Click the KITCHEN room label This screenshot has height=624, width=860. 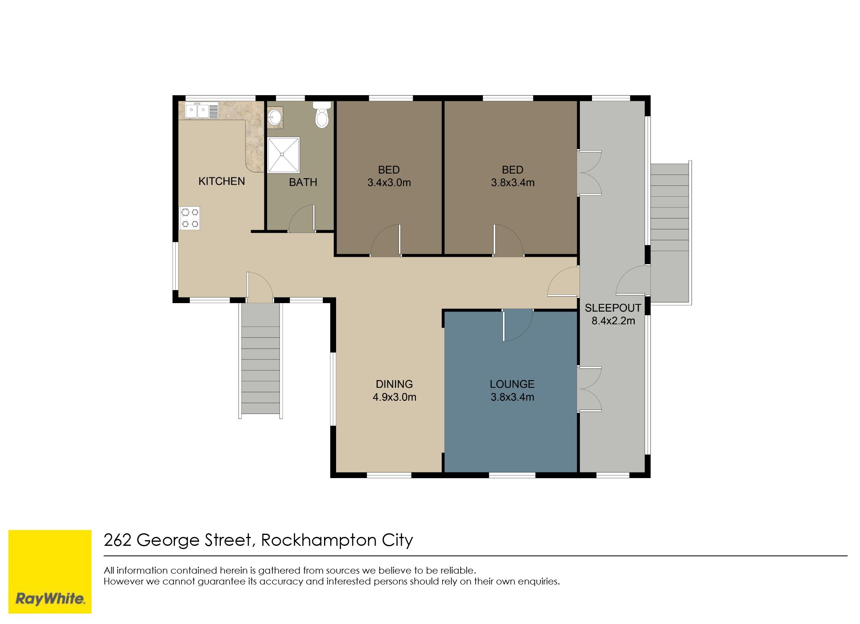pyautogui.click(x=222, y=181)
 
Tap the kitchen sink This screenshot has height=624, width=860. pyautogui.click(x=201, y=110)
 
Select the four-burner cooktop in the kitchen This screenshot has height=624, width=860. pyautogui.click(x=190, y=218)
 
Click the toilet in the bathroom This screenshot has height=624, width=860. pyautogui.click(x=322, y=114)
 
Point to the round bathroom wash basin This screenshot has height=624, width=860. pyautogui.click(x=275, y=117)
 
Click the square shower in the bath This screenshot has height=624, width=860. pyautogui.click(x=283, y=155)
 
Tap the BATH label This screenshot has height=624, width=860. pyautogui.click(x=303, y=183)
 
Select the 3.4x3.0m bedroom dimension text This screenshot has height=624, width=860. pyautogui.click(x=389, y=183)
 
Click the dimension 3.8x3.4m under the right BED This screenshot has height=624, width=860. pyautogui.click(x=513, y=183)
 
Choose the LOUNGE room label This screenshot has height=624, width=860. pyautogui.click(x=512, y=384)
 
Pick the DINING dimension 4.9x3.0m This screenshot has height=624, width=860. pyautogui.click(x=394, y=397)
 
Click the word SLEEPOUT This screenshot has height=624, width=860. pyautogui.click(x=613, y=308)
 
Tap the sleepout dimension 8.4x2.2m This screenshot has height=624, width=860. pyautogui.click(x=613, y=321)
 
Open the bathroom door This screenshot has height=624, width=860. pyautogui.click(x=302, y=218)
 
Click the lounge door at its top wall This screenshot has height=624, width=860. pyautogui.click(x=518, y=325)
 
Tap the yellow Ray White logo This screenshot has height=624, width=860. pyautogui.click(x=50, y=572)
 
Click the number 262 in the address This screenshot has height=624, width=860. pyautogui.click(x=117, y=540)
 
